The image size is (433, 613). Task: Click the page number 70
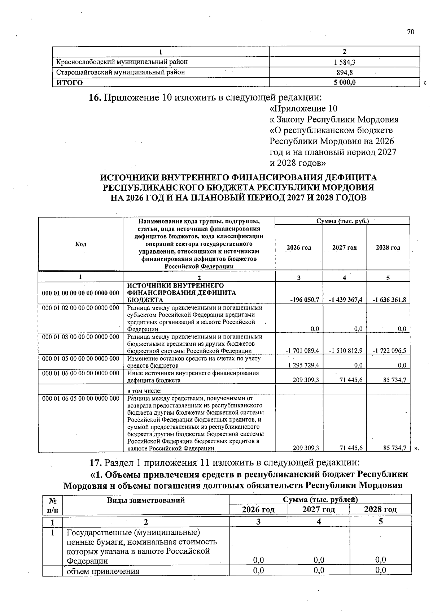tap(411, 32)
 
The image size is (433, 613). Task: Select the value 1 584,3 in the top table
tap(344, 62)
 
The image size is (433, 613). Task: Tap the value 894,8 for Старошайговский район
tap(344, 72)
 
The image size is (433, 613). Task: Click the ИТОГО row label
tap(70, 82)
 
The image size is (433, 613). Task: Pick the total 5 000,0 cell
tap(344, 82)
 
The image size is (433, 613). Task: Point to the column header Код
tap(80, 244)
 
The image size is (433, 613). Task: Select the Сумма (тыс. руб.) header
tap(342, 221)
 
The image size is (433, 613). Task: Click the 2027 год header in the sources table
tap(344, 247)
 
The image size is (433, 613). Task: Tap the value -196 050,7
tap(304, 299)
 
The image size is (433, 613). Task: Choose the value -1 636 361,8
tap(389, 299)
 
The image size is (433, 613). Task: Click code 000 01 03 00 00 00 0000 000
tap(80, 337)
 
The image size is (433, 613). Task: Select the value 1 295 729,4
tap(303, 365)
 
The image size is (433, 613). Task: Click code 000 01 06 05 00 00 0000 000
tap(80, 398)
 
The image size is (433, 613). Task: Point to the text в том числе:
tap(144, 391)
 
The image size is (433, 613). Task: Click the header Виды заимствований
tap(146, 500)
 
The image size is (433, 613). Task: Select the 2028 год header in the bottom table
tap(380, 509)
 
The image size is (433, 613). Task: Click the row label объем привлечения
tap(103, 571)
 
